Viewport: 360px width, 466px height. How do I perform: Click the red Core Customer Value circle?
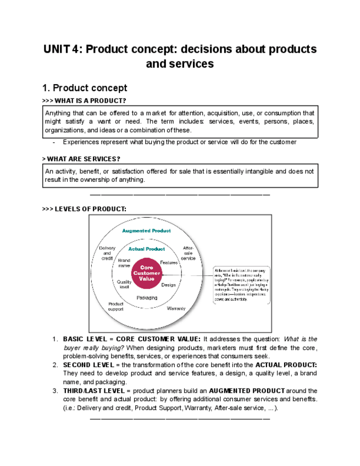coord(147,273)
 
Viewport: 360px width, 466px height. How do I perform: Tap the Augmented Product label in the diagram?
coord(146,231)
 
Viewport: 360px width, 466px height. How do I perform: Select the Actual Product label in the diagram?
coord(146,249)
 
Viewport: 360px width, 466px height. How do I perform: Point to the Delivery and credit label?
coord(107,253)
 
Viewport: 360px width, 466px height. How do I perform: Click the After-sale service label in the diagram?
coord(188,253)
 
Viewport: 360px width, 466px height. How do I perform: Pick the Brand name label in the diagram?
coord(124,263)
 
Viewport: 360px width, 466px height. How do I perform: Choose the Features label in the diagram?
coord(169,263)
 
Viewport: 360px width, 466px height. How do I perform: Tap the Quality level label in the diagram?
coord(124,284)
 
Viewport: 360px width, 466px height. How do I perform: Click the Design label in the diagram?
coord(168,285)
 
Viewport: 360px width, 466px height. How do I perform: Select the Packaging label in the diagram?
coord(147,297)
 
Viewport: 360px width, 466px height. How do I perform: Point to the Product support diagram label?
coord(115,306)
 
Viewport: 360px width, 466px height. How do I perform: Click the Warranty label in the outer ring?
coord(176,308)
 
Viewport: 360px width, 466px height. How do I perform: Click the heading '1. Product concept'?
coord(85,88)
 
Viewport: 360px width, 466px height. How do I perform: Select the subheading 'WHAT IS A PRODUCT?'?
coord(90,101)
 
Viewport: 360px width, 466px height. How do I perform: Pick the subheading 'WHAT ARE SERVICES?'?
coord(83,159)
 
